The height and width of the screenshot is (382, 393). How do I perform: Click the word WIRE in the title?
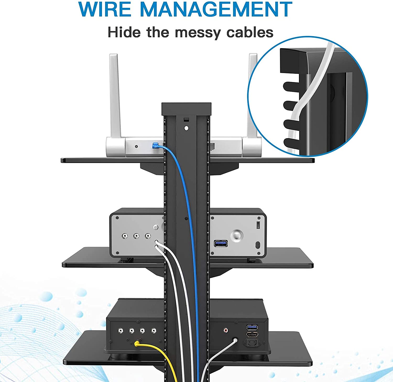[105, 9]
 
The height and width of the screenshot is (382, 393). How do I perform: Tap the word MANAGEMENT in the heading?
[216, 9]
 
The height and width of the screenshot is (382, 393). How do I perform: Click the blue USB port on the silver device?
[221, 243]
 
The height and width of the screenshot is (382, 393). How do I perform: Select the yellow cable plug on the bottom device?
[137, 343]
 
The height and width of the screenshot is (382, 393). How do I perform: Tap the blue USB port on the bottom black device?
[252, 327]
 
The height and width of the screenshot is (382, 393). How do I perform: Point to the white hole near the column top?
[186, 128]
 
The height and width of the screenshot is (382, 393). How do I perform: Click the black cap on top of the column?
[186, 109]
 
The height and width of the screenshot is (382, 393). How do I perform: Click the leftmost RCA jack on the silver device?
[125, 236]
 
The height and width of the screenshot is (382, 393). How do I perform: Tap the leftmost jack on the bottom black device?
[121, 331]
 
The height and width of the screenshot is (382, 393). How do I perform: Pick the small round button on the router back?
[136, 146]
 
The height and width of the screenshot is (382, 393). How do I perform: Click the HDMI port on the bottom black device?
[252, 334]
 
